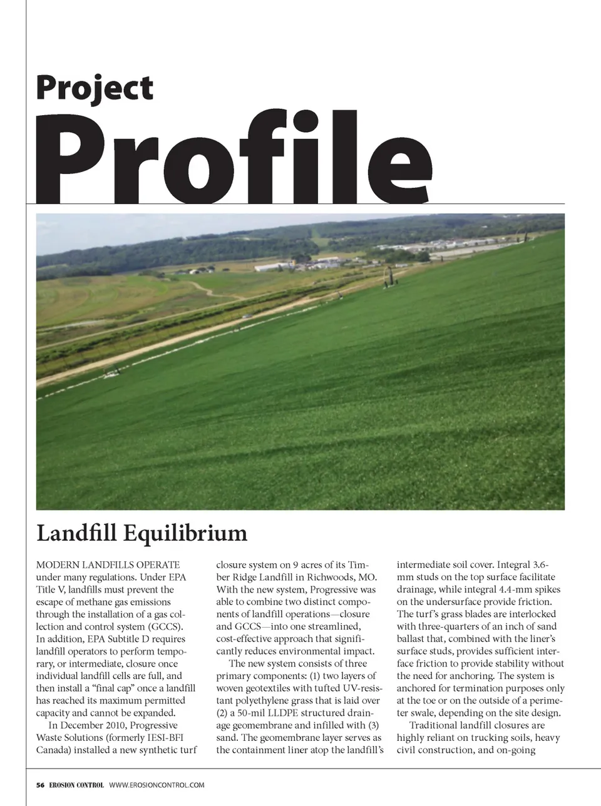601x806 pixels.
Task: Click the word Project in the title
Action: tap(95, 89)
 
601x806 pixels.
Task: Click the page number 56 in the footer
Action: tap(40, 785)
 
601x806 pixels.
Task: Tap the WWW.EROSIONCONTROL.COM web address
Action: tap(157, 785)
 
